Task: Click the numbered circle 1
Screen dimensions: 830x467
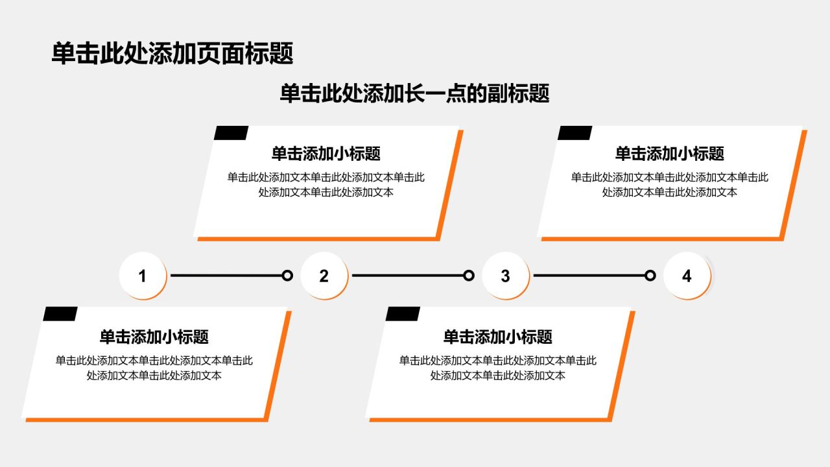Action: click(x=142, y=276)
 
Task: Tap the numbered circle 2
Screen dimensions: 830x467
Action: click(x=324, y=276)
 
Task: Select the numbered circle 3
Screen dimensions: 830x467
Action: click(x=505, y=276)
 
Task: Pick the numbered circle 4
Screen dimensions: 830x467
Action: click(x=687, y=276)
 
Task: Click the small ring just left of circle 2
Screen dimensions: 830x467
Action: click(x=287, y=276)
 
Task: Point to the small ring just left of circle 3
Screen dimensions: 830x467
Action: click(x=469, y=276)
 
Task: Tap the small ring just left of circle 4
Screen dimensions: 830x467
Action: click(x=650, y=276)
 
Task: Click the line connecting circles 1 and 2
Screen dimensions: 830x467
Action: click(x=226, y=276)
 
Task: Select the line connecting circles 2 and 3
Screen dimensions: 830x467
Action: click(x=408, y=276)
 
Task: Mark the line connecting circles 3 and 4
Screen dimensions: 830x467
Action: click(x=589, y=276)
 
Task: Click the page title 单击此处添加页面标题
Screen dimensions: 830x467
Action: click(x=172, y=53)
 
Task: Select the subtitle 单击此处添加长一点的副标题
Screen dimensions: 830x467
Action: click(x=414, y=93)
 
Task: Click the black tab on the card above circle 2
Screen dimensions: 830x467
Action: click(x=231, y=133)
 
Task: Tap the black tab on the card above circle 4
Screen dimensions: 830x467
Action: click(x=575, y=133)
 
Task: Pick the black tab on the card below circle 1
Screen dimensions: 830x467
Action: click(x=60, y=314)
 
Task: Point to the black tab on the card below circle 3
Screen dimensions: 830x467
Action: click(x=403, y=314)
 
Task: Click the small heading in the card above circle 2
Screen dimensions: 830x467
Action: click(x=326, y=154)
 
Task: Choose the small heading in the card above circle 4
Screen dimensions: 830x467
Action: click(x=670, y=154)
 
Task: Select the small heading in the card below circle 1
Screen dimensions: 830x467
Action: click(x=154, y=337)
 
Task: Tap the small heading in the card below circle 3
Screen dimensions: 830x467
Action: click(x=497, y=337)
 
